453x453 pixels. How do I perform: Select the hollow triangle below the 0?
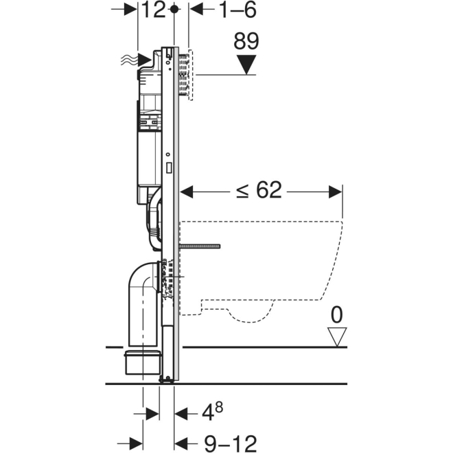336,336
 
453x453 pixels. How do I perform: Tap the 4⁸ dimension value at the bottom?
210,413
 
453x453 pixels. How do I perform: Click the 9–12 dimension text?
218,443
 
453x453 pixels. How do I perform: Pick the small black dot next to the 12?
175,10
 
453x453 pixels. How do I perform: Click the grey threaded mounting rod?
198,244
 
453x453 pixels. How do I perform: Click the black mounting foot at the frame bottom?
167,377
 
